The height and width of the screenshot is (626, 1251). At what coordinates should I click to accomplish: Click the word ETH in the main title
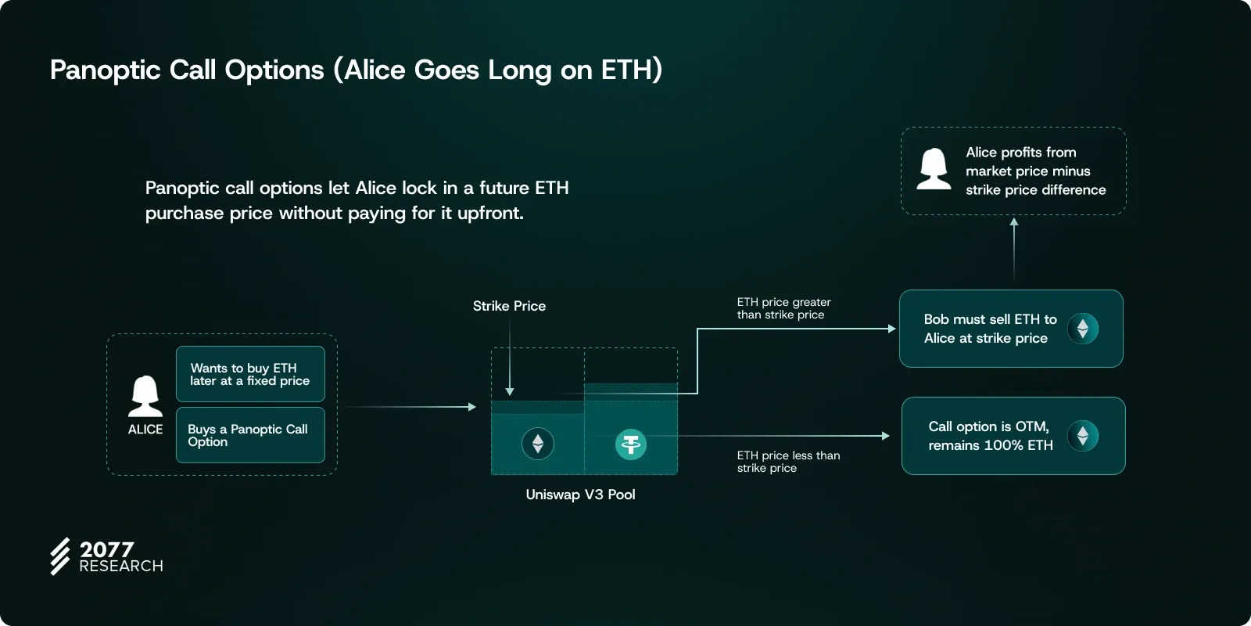625,70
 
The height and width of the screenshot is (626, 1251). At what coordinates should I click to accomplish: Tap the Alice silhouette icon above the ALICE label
145,396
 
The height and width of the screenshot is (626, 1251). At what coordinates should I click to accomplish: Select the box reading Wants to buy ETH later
250,374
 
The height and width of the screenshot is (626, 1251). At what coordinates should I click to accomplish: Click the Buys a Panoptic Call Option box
250,435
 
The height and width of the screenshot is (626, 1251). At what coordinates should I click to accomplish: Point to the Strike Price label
509,306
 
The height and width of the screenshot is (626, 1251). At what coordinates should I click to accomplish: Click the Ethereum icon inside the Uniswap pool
538,444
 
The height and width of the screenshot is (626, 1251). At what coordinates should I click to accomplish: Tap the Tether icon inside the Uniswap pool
631,444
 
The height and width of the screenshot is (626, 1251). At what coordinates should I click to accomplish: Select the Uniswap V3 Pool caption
580,494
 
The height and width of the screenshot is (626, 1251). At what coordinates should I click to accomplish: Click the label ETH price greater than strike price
783,308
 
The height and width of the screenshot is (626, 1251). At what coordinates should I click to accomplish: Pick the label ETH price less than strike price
788,462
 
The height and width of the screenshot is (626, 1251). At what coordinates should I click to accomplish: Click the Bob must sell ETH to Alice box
1011,329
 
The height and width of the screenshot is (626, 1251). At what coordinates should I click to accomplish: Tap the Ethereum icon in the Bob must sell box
1083,329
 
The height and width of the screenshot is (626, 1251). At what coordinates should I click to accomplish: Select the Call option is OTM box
1013,436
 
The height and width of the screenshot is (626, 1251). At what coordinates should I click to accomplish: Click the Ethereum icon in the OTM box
1083,436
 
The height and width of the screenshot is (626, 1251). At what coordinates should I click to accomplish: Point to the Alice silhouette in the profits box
934,169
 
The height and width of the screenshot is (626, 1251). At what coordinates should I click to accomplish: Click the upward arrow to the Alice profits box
1014,250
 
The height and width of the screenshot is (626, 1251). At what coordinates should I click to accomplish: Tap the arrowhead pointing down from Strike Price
509,392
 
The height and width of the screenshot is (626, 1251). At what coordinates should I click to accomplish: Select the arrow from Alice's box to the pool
411,407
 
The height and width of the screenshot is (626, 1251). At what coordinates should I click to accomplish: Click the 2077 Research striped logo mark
60,556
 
